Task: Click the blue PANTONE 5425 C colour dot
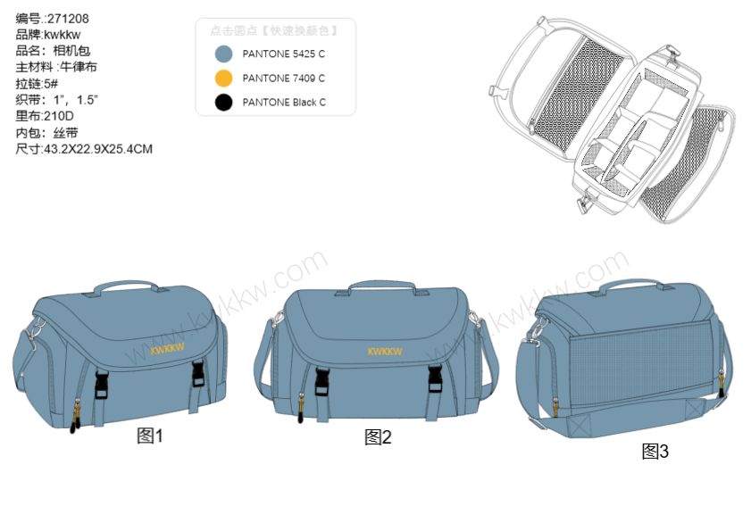(x=223, y=54)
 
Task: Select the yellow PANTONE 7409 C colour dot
(x=223, y=78)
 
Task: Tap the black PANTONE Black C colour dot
(x=223, y=102)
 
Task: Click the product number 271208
(x=68, y=19)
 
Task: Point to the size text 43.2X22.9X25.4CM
(x=98, y=149)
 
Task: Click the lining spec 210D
(x=58, y=116)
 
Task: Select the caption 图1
(x=150, y=436)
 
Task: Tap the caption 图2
(x=378, y=436)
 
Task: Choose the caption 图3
(x=655, y=451)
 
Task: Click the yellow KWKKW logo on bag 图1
(x=167, y=349)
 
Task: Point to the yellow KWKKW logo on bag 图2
(x=385, y=352)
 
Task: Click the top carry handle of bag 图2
(x=382, y=285)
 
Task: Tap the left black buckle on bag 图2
(x=321, y=381)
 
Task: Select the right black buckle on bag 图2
(x=435, y=378)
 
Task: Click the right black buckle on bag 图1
(x=199, y=374)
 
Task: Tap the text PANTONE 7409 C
(x=284, y=78)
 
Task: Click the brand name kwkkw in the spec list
(x=63, y=35)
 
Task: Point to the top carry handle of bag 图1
(x=126, y=286)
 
